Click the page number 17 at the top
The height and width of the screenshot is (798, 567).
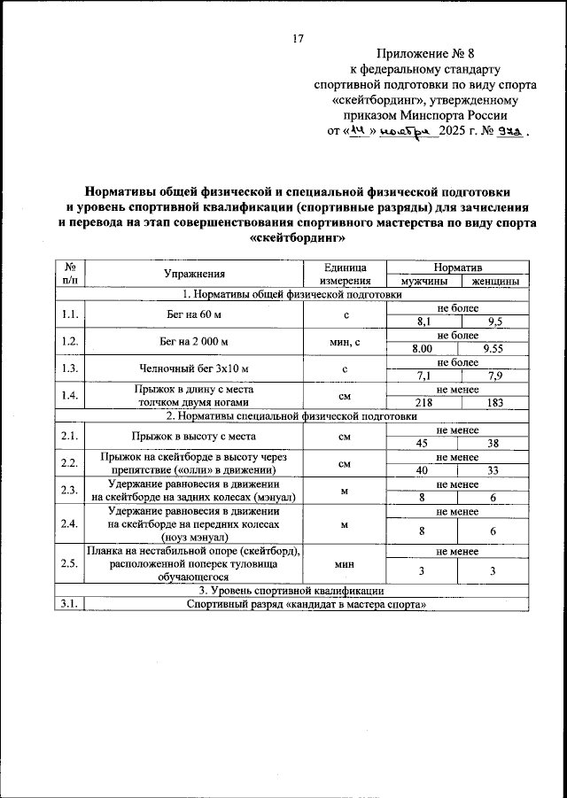pyautogui.click(x=298, y=38)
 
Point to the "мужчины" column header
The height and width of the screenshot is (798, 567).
pyautogui.click(x=425, y=282)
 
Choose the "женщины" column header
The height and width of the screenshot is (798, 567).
pyautogui.click(x=495, y=282)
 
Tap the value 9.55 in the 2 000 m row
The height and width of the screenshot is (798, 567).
pyautogui.click(x=493, y=350)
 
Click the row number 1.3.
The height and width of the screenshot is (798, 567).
pyautogui.click(x=69, y=368)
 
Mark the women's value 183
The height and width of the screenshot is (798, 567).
pyautogui.click(x=493, y=403)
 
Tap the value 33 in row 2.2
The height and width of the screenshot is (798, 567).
pyautogui.click(x=493, y=470)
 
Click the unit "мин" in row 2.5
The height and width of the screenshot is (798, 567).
pyautogui.click(x=346, y=562)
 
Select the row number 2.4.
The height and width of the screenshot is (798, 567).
pyautogui.click(x=69, y=523)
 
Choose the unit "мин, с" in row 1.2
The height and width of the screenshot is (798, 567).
pyautogui.click(x=346, y=342)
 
